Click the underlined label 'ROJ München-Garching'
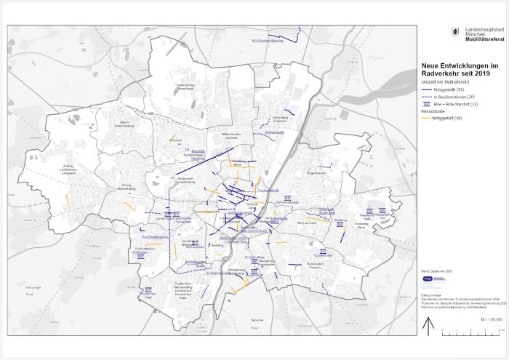point(266,40)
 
